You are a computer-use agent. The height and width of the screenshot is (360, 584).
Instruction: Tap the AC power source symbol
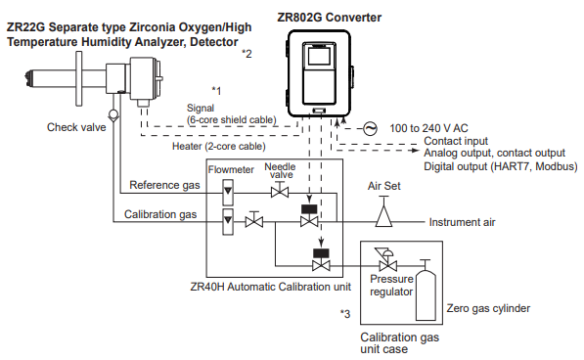(x=370, y=128)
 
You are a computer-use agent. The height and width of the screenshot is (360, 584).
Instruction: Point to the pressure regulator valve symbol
(x=387, y=260)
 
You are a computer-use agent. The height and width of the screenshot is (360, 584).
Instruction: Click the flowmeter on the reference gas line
(x=228, y=192)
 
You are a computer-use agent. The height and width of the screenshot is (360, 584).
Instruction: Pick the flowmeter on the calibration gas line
(x=228, y=221)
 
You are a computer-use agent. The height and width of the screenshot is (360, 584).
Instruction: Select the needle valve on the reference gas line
(x=280, y=190)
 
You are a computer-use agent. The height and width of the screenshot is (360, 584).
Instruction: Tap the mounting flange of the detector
(x=78, y=78)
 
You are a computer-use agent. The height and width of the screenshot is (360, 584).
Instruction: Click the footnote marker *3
(x=345, y=314)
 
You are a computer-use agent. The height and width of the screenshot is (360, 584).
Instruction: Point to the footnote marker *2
(x=247, y=54)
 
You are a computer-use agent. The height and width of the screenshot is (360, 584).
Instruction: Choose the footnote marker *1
(x=216, y=90)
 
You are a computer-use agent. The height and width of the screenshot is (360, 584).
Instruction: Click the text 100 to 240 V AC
(x=428, y=128)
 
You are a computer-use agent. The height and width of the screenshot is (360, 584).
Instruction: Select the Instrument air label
(x=462, y=222)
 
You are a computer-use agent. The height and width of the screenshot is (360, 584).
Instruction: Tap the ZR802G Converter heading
(x=330, y=18)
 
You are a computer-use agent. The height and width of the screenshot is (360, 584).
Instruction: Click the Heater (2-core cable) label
(x=218, y=147)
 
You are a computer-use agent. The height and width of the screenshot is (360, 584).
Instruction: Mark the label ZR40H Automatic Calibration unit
(x=270, y=287)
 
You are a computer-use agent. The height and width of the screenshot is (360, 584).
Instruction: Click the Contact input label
(x=456, y=141)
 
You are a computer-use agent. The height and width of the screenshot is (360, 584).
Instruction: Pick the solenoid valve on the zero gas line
(x=321, y=260)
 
